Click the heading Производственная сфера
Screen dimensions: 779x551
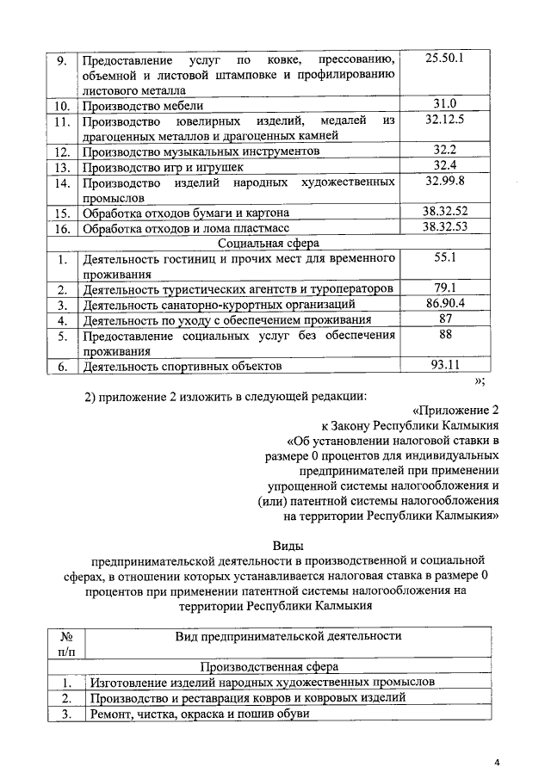coord(269,665)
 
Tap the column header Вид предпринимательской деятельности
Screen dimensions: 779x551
coord(288,636)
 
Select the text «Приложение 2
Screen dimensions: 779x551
coord(455,409)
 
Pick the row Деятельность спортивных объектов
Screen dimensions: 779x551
coord(182,367)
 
